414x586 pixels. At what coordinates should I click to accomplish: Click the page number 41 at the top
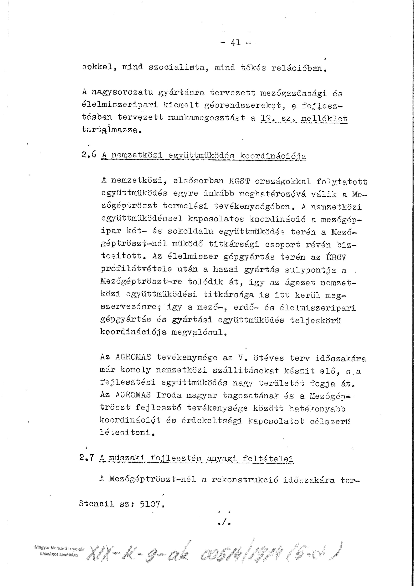pos(236,42)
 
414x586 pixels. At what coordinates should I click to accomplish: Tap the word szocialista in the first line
pos(177,68)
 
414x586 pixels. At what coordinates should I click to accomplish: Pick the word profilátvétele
pos(136,269)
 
